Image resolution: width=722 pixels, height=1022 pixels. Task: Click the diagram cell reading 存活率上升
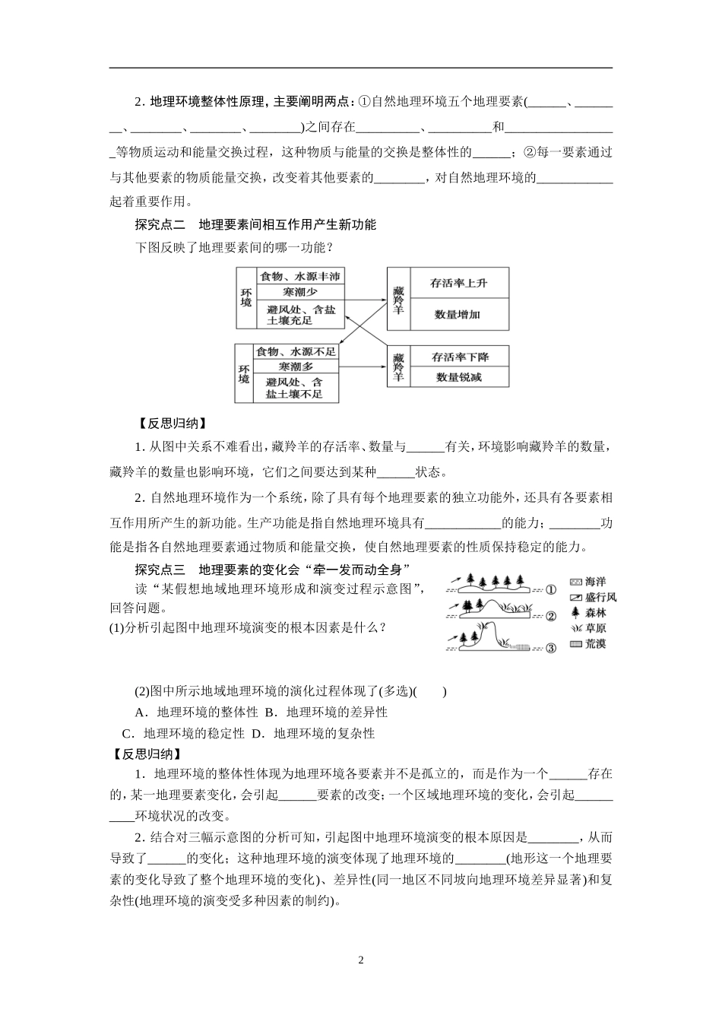(458, 284)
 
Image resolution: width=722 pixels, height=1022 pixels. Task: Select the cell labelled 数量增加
(458, 314)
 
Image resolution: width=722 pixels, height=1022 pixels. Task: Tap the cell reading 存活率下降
(460, 357)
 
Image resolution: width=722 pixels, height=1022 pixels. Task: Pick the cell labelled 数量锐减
(459, 377)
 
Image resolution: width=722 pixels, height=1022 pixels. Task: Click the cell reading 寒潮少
(300, 292)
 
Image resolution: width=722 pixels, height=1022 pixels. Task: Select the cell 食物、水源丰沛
(300, 276)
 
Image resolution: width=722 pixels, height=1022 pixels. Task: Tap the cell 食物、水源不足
(295, 352)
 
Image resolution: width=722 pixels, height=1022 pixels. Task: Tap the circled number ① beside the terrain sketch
(551, 589)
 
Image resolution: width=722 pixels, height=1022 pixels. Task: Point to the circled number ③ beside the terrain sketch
(551, 648)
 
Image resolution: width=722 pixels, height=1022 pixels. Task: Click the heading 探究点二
(160, 224)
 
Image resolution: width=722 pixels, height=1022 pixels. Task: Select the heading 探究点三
(160, 569)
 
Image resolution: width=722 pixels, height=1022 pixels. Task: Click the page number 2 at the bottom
(361, 960)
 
